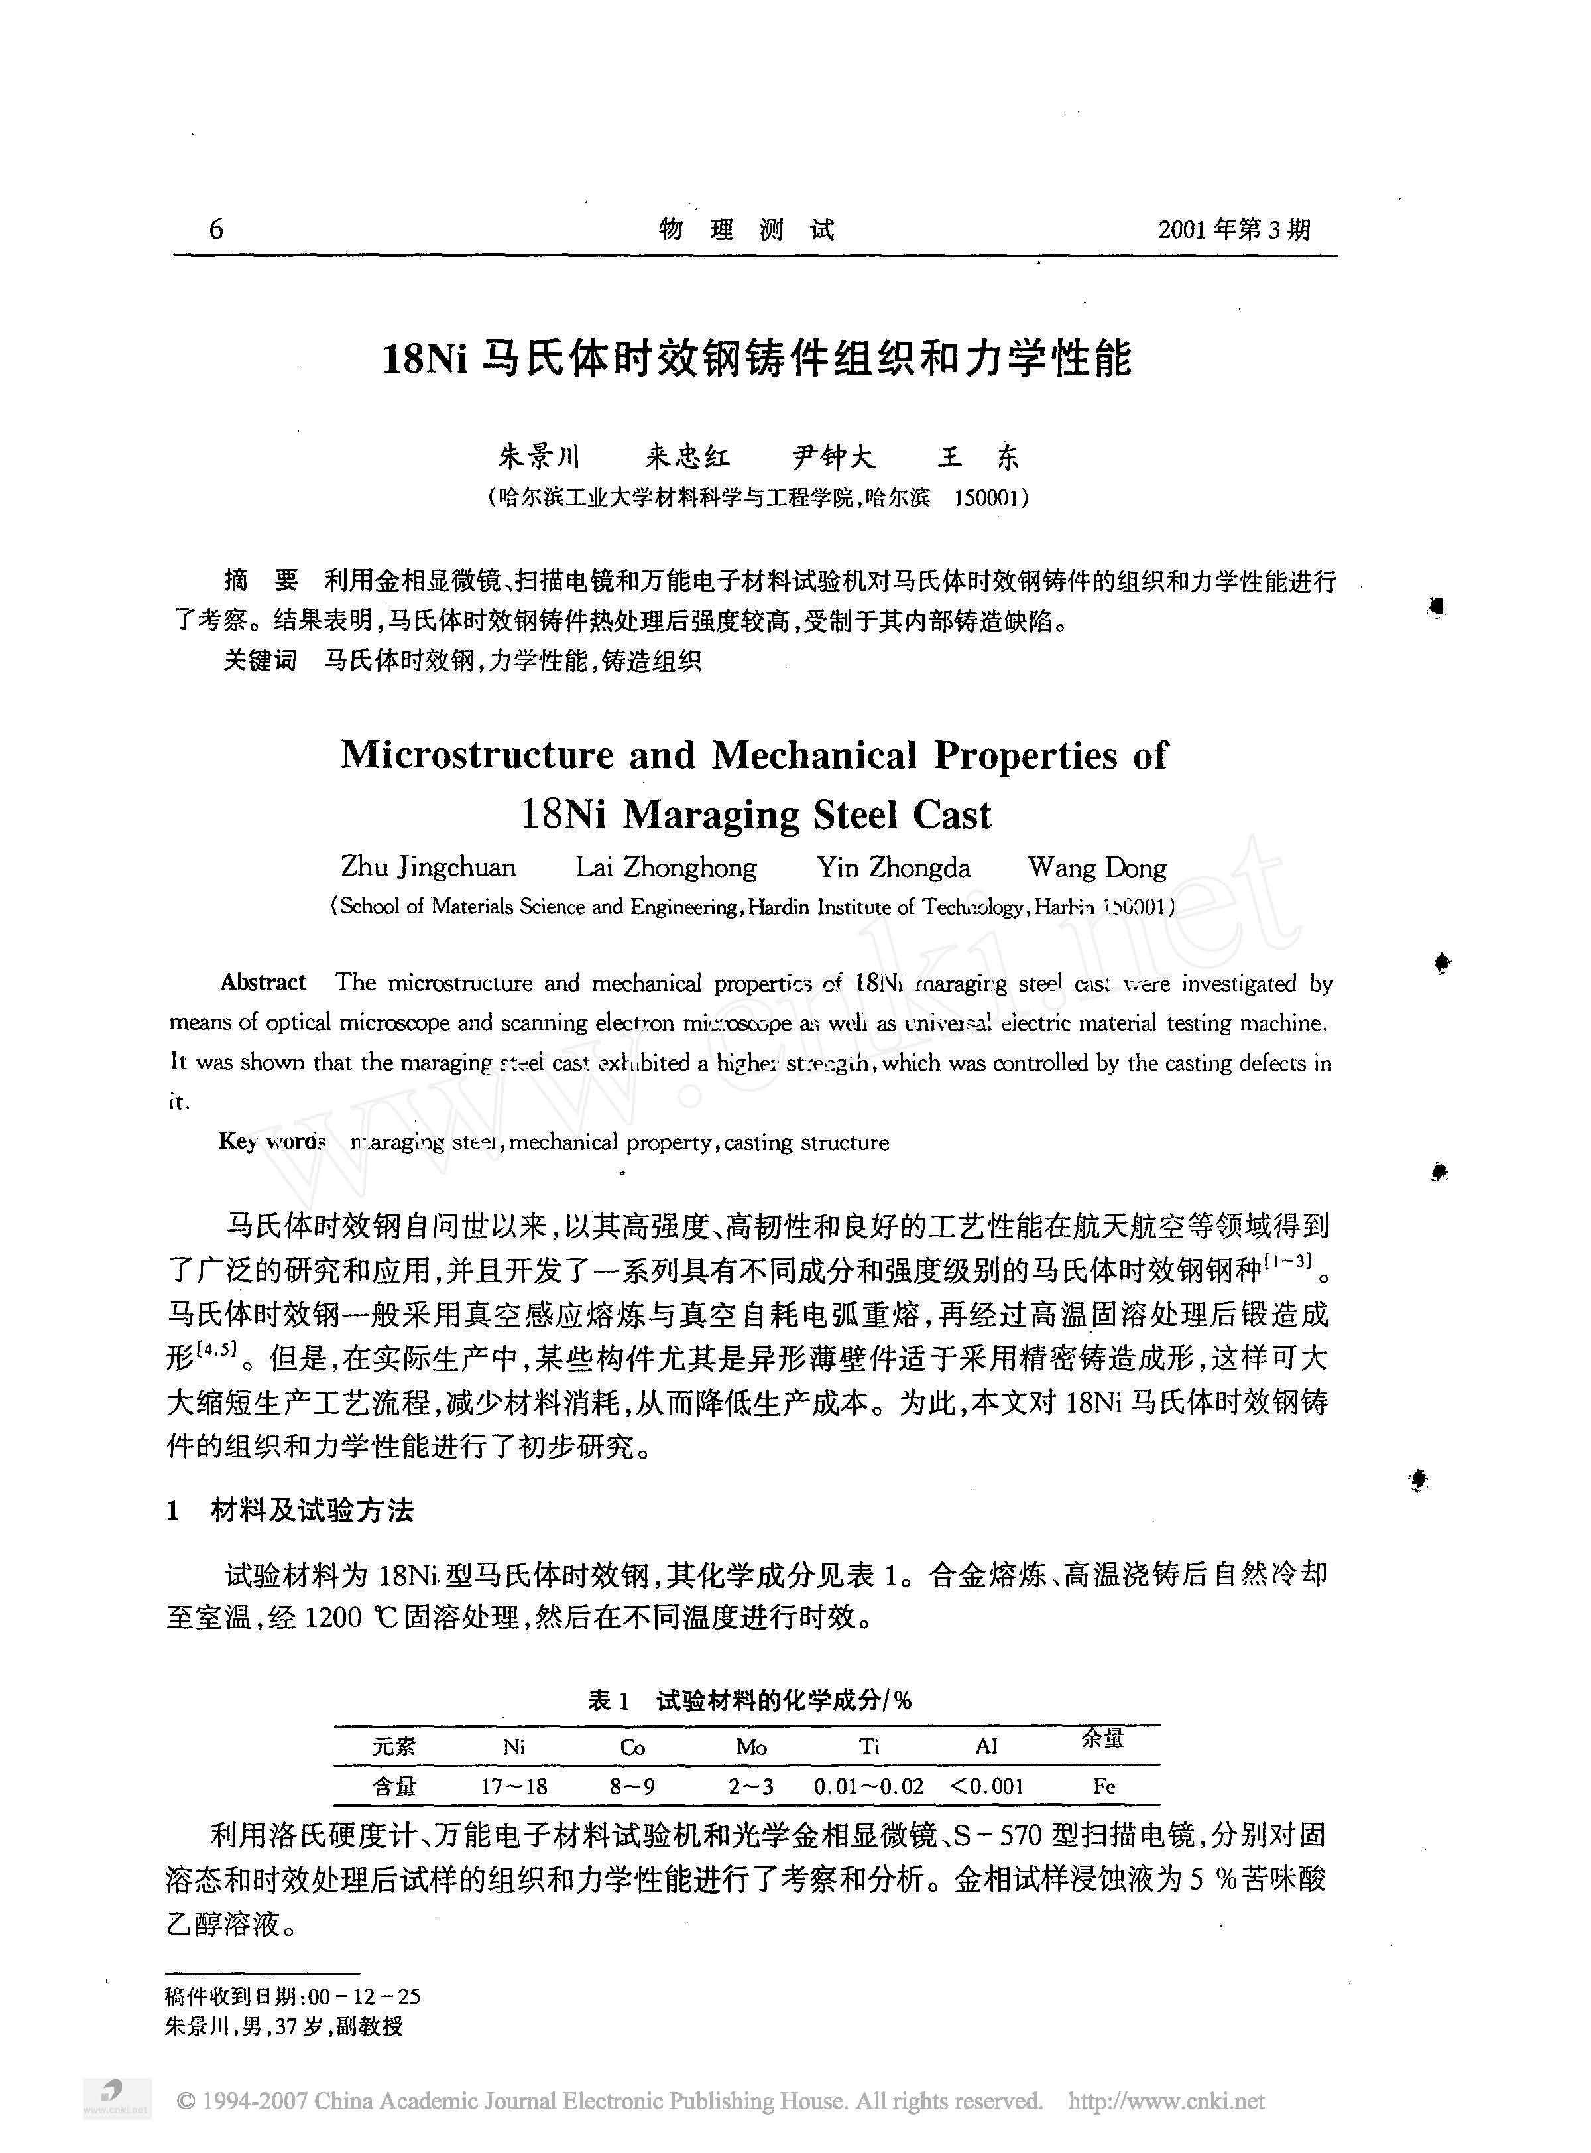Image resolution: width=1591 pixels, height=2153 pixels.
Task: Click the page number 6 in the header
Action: click(215, 229)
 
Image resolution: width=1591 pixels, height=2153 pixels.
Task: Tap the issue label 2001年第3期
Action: click(1234, 229)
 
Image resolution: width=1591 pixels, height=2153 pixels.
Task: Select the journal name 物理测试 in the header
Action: click(746, 229)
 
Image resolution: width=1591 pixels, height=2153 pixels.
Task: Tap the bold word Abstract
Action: click(263, 982)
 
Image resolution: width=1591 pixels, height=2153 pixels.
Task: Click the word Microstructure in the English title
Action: click(477, 754)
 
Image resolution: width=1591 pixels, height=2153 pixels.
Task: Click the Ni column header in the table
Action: click(514, 1746)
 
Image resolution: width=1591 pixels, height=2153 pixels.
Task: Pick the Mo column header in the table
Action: click(751, 1746)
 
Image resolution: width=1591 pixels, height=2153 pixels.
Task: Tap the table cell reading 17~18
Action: click(514, 1786)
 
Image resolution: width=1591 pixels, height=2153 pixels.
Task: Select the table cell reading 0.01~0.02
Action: click(868, 1786)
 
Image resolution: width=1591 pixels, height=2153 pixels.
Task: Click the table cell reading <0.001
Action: click(986, 1786)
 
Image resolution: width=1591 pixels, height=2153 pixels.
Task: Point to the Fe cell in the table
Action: click(1104, 1786)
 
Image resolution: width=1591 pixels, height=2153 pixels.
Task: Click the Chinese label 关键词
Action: click(259, 660)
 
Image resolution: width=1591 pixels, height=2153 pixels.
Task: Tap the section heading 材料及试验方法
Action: click(312, 1510)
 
